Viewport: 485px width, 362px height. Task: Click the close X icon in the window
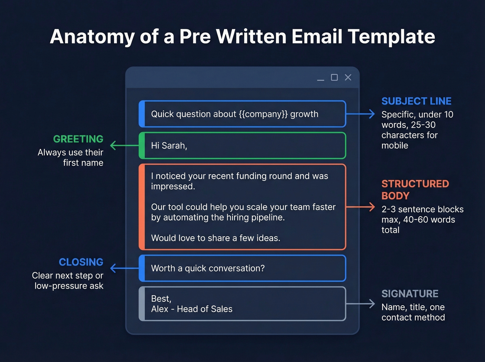pyautogui.click(x=348, y=77)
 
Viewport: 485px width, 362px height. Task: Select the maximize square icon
pyautogui.click(x=334, y=77)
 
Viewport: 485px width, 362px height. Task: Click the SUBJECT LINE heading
pyautogui.click(x=416, y=101)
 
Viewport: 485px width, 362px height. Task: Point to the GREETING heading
pyautogui.click(x=78, y=139)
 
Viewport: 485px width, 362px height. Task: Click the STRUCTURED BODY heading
pyautogui.click(x=415, y=189)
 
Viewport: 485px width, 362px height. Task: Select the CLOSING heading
pyautogui.click(x=81, y=262)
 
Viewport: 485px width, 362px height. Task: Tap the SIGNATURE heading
pyautogui.click(x=409, y=294)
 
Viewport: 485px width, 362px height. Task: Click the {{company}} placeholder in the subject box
pyautogui.click(x=263, y=114)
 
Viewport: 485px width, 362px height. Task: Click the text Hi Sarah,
pyautogui.click(x=169, y=145)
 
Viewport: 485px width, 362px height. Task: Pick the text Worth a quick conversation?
pyautogui.click(x=208, y=268)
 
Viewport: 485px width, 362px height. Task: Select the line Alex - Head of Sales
pyautogui.click(x=192, y=309)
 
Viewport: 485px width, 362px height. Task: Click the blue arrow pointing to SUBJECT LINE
pyautogui.click(x=360, y=114)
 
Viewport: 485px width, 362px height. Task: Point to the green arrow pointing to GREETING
pyautogui.click(x=124, y=145)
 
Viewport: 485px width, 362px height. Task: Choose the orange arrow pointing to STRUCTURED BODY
pyautogui.click(x=360, y=207)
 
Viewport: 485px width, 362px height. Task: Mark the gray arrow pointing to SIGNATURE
pyautogui.click(x=360, y=304)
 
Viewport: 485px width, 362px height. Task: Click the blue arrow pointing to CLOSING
pyautogui.click(x=124, y=268)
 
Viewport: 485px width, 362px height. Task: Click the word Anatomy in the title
pyautogui.click(x=92, y=36)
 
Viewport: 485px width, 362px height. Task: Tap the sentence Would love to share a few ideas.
pyautogui.click(x=215, y=238)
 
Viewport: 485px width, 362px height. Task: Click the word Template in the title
pyautogui.click(x=391, y=36)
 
